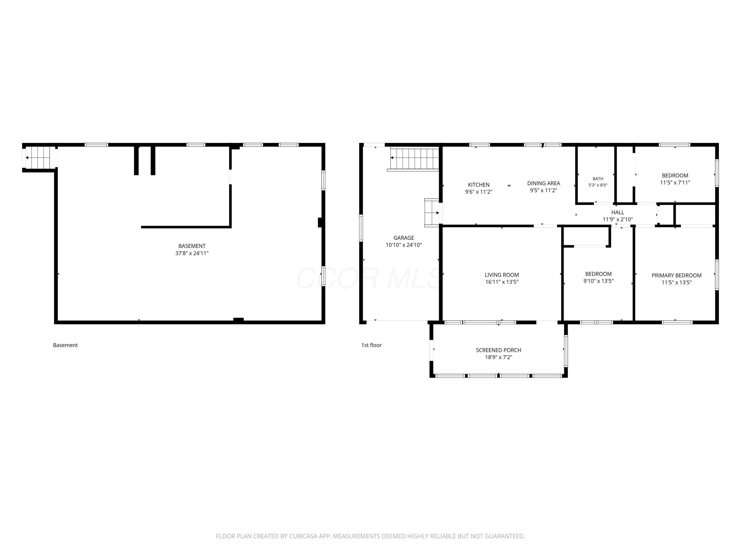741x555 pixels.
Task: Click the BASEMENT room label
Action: [192, 246]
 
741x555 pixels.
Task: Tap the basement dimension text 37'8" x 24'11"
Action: [192, 253]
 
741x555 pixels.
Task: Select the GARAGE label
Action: [404, 238]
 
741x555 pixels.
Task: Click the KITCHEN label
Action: [479, 185]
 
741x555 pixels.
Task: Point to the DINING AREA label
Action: [544, 183]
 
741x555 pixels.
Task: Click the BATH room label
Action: [598, 179]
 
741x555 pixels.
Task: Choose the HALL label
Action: [618, 212]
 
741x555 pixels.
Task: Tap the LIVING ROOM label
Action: [502, 275]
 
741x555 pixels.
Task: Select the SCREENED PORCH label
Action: [498, 350]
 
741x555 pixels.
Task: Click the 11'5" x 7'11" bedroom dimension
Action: [675, 183]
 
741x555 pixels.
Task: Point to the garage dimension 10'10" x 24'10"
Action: [404, 245]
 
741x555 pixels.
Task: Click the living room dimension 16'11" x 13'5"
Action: [502, 282]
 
